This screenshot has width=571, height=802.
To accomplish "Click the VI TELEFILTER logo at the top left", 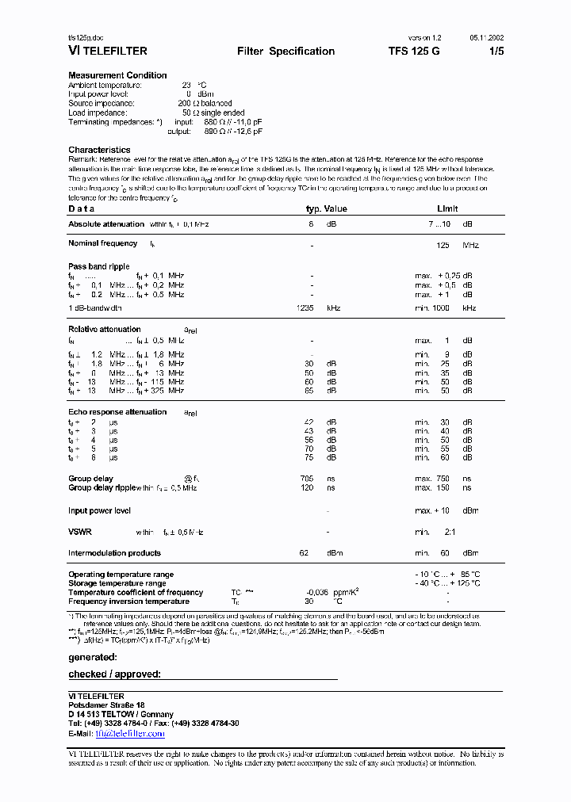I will coord(107,51).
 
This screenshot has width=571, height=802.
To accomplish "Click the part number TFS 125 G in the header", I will coord(413,51).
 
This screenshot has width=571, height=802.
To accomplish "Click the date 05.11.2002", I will coord(485,37).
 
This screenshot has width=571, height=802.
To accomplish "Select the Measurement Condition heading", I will coord(117,75).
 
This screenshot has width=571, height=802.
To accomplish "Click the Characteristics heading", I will coord(99,150).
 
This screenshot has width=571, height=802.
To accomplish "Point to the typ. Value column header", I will coord(327,208).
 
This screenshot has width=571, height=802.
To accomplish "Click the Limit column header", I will coord(447,208).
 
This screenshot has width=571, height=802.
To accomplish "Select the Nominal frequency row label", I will coord(102,243).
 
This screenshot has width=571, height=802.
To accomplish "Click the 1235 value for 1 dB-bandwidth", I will coord(305,307).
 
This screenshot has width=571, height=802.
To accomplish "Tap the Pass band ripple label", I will coord(98,266).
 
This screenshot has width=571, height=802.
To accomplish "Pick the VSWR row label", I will coord(80,532).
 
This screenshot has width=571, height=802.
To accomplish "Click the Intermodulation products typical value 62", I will coord(304,553).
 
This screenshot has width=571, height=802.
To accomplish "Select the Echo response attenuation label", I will coord(117,412).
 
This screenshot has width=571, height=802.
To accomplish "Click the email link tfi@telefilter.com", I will coord(129,734).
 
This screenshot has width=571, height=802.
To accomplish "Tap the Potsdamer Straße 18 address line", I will coord(106,705).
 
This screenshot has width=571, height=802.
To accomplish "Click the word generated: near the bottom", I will coord(93,657).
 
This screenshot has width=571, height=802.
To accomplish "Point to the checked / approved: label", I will coord(114,674).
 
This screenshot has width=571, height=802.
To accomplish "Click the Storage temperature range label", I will coord(117,583).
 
